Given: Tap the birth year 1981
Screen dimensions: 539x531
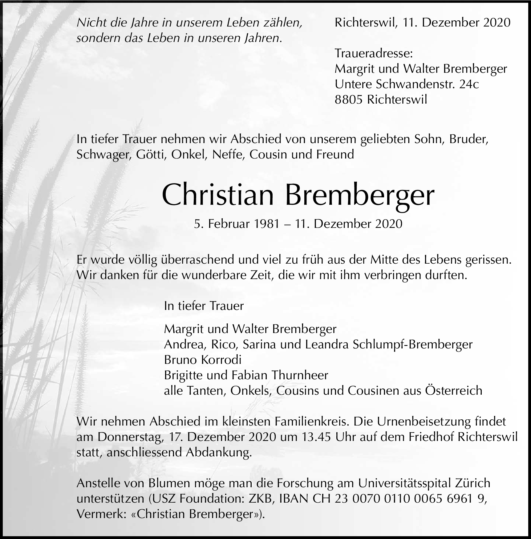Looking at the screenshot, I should (267, 224).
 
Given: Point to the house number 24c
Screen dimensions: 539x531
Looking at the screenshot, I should (469, 84).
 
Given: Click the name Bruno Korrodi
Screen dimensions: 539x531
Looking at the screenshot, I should (203, 360).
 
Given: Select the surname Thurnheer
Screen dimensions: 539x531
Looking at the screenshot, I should (300, 375).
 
